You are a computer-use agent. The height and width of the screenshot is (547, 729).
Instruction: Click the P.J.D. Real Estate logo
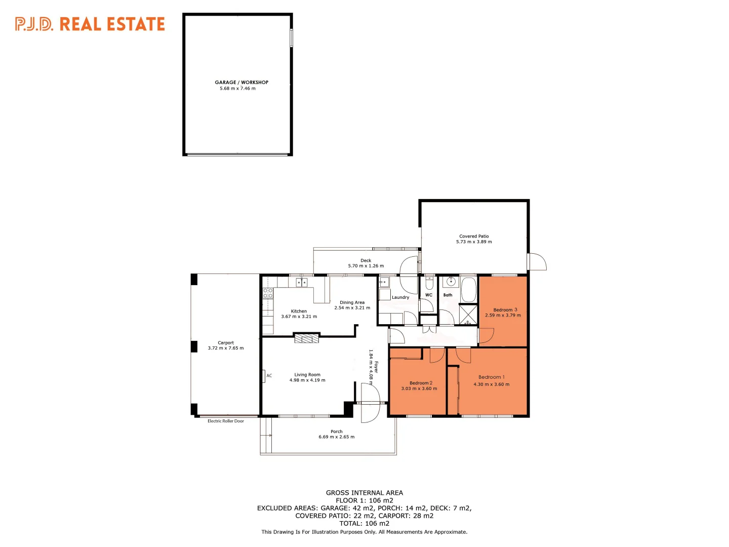90,24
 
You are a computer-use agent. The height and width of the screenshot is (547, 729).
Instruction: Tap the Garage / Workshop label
241,82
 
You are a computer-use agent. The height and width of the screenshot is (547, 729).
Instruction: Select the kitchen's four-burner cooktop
268,293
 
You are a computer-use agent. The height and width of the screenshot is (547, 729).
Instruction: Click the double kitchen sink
302,282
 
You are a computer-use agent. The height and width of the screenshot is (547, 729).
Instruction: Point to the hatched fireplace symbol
307,338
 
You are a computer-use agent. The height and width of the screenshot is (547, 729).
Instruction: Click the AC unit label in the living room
269,376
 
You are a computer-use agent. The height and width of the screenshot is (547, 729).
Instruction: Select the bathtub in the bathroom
468,289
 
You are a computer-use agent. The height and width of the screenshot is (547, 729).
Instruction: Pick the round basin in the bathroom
450,282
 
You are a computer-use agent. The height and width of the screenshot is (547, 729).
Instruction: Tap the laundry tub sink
385,282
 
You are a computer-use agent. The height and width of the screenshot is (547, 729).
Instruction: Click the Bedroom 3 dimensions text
503,316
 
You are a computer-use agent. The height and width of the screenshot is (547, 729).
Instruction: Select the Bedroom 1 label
491,377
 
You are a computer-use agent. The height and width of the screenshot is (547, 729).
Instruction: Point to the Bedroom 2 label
421,383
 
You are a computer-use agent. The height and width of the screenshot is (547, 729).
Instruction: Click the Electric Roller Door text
226,421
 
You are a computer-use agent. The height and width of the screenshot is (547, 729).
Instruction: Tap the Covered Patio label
474,236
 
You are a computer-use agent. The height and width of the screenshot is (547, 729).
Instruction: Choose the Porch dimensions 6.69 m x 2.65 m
337,437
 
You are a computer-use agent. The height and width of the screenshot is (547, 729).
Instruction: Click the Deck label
366,260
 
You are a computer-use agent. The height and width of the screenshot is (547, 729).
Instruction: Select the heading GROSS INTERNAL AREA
364,493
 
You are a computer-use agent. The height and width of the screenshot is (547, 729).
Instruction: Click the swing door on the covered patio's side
537,261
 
